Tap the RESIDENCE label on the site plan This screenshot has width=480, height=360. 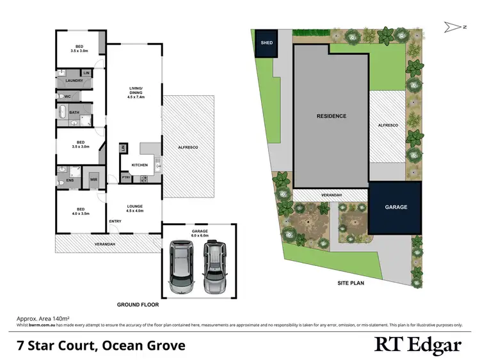point(332,116)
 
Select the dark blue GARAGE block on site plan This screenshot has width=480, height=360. point(396,207)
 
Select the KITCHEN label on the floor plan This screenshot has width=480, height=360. point(140,165)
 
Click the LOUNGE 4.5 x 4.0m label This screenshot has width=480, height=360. point(134,207)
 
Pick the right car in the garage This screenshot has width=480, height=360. point(214,267)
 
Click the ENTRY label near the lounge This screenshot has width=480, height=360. point(115,221)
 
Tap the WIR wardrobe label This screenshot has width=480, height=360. point(93,180)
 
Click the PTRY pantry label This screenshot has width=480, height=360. point(127,177)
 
